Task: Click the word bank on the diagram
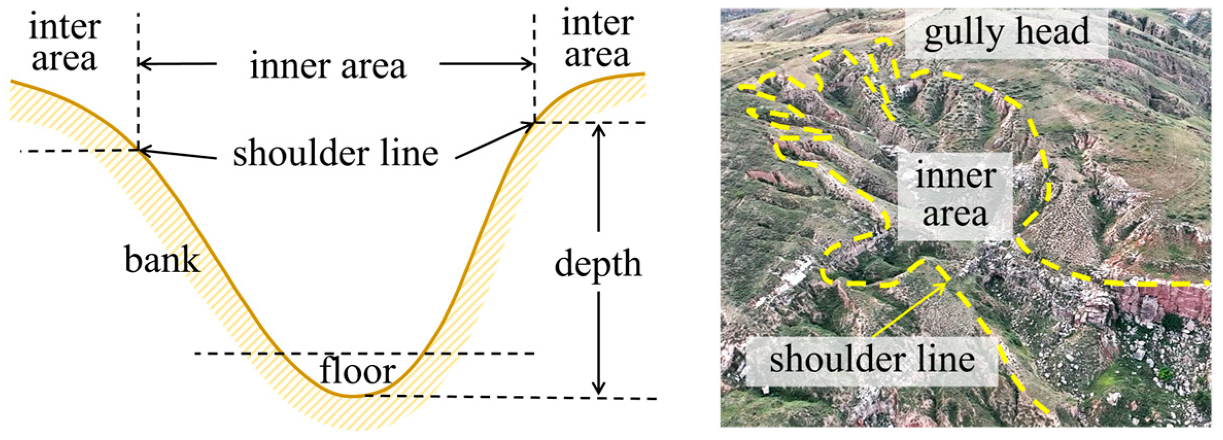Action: point(162,259)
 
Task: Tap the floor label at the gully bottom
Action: point(357,371)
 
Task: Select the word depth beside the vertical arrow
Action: point(598,264)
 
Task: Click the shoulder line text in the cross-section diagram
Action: point(335,153)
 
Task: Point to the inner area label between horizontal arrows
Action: point(328,66)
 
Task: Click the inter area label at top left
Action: point(64,43)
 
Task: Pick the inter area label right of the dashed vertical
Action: point(597,39)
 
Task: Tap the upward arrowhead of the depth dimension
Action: point(598,129)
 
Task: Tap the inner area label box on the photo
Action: point(955,196)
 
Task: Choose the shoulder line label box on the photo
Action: point(872,360)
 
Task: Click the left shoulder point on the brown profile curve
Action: point(138,150)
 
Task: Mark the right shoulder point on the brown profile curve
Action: point(535,122)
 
